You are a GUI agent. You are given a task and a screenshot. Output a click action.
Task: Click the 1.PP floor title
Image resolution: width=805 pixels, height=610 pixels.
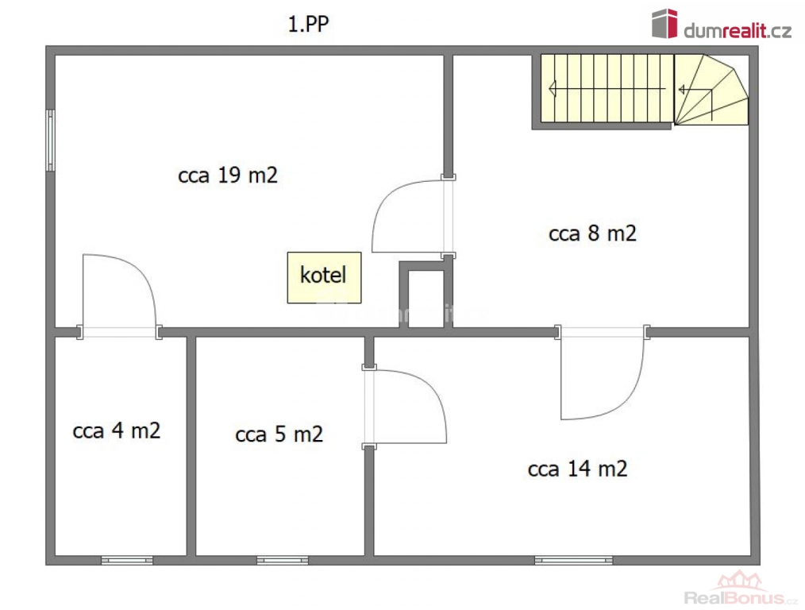(x=308, y=24)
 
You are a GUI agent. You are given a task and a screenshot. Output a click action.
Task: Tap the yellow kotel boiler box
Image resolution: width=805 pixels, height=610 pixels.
(x=324, y=277)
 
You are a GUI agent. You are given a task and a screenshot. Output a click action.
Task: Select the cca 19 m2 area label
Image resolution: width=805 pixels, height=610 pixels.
(x=227, y=175)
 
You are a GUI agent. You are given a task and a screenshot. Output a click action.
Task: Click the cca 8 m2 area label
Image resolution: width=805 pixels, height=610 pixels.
(x=592, y=233)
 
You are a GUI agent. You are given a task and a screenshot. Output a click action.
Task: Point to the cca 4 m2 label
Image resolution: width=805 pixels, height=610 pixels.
(x=117, y=430)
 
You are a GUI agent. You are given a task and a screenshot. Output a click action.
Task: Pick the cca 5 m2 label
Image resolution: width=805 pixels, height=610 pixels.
(x=279, y=434)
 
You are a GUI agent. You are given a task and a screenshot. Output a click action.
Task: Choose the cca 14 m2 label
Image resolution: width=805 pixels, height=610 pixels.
(x=578, y=469)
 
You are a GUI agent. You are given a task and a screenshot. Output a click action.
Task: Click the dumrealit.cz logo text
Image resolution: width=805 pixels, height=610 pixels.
(x=738, y=31)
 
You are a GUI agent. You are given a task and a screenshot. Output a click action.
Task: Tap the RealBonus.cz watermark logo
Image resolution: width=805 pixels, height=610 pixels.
(x=741, y=590)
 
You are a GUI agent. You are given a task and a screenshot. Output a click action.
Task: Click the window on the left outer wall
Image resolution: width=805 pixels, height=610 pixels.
(x=50, y=140)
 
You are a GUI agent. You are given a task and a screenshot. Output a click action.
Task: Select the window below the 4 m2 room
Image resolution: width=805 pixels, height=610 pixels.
(x=127, y=560)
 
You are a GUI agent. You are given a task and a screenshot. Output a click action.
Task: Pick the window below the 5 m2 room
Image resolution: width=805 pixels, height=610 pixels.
(x=283, y=560)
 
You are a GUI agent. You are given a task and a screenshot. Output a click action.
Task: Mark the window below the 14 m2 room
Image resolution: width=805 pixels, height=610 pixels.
(x=573, y=560)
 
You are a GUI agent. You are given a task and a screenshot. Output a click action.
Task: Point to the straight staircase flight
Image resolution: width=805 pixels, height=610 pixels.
(x=607, y=88)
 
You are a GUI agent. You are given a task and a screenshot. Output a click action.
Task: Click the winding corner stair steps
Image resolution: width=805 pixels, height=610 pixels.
(x=711, y=89)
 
